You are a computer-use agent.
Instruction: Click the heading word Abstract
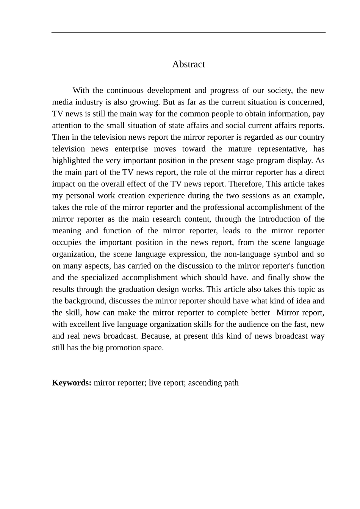[188, 64]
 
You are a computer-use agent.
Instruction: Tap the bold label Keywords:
[72, 383]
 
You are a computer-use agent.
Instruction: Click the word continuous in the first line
[125, 90]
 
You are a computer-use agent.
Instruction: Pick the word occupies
[67, 242]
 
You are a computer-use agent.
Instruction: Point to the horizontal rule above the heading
[188, 33]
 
